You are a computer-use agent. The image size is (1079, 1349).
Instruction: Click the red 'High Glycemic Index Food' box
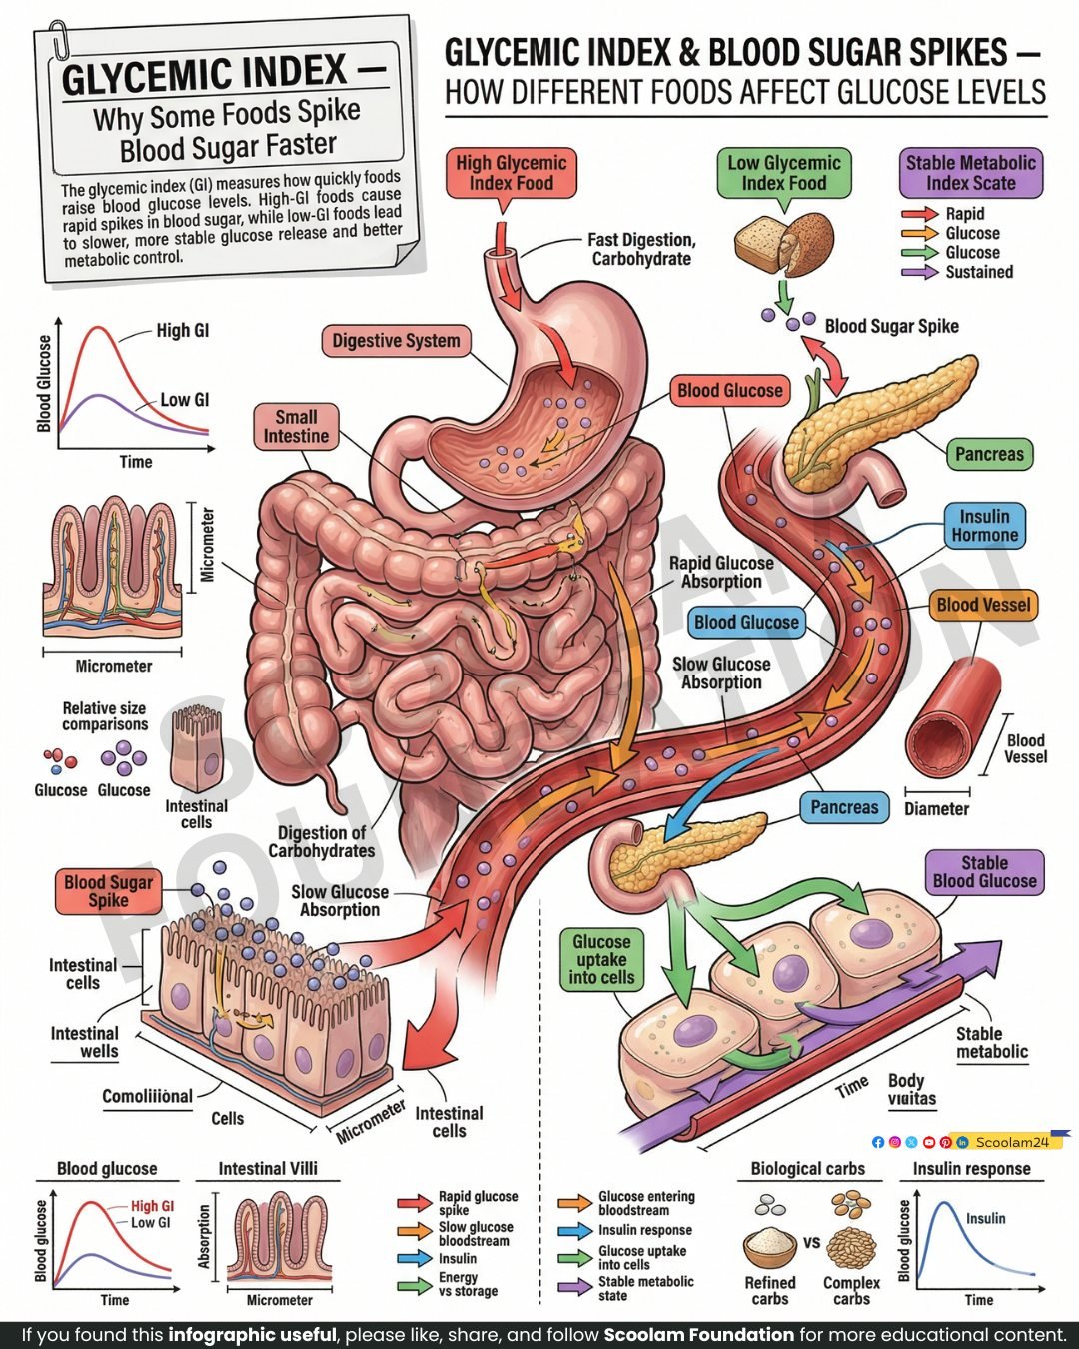click(x=511, y=173)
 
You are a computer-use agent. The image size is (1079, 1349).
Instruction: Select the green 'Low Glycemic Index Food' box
click(x=783, y=173)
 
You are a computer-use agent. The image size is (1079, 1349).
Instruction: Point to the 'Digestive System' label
click(x=396, y=341)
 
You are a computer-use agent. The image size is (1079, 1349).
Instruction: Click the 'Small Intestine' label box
click(x=296, y=427)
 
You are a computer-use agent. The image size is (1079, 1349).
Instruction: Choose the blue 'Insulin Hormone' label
click(x=984, y=526)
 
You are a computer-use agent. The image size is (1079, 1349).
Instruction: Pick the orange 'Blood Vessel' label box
click(x=983, y=605)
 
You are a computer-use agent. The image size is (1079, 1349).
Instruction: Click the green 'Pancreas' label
click(x=988, y=454)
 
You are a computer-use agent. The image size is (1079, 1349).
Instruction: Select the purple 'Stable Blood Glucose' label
click(x=984, y=872)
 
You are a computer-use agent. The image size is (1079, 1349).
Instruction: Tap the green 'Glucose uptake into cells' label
click(x=601, y=959)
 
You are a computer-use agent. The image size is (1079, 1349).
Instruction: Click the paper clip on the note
click(x=60, y=39)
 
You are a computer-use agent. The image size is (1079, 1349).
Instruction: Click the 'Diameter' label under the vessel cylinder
click(x=936, y=809)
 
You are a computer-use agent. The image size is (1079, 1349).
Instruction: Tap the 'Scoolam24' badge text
click(x=1012, y=1142)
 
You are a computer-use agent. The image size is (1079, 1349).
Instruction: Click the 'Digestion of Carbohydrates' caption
click(x=322, y=841)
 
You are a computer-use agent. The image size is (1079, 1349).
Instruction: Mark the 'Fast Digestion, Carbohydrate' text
click(x=641, y=249)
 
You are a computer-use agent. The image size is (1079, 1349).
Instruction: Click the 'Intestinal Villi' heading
click(x=268, y=1168)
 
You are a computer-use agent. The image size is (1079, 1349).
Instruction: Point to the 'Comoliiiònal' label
click(x=147, y=1096)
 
